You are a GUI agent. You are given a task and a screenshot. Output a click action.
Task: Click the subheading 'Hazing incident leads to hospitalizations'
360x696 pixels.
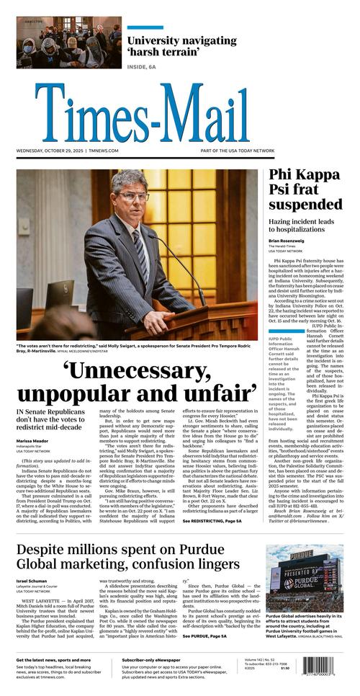tap(307, 224)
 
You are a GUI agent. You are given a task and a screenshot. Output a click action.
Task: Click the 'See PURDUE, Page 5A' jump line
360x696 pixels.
tap(204, 636)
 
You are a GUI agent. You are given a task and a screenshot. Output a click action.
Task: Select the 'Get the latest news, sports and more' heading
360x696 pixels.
tap(55, 660)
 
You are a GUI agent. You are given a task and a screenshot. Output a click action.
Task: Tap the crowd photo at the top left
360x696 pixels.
tap(69, 43)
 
